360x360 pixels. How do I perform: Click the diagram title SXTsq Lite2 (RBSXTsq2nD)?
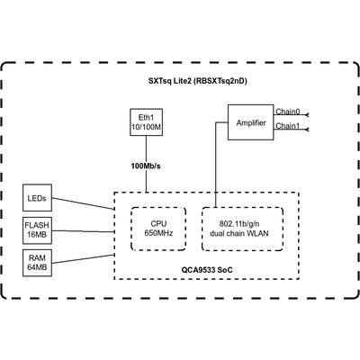click(x=198, y=81)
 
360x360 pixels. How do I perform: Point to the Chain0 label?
click(x=288, y=112)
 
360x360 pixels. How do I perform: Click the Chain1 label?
click(x=288, y=126)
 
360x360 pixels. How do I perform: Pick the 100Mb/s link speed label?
click(x=146, y=166)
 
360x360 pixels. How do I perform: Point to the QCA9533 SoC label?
click(x=207, y=270)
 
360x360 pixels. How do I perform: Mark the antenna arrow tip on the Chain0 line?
click(x=305, y=115)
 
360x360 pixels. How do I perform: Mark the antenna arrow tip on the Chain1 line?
click(x=305, y=130)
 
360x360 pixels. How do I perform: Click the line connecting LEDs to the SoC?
click(x=83, y=203)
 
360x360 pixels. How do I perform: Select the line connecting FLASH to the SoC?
click(x=83, y=231)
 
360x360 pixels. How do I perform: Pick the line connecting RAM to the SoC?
click(x=83, y=259)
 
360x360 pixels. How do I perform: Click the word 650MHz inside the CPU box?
click(x=158, y=233)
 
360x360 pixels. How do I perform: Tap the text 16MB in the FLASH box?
click(x=37, y=235)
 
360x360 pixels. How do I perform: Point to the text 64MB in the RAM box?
click(x=37, y=267)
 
